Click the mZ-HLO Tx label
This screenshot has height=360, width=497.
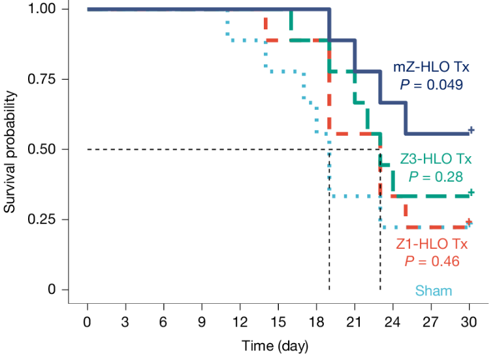tap(431, 67)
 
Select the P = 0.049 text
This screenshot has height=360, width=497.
tap(431, 84)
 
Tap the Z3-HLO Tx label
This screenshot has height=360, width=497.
tap(436, 159)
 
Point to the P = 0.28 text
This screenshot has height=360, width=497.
tap(436, 176)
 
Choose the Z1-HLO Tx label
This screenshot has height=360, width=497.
tap(432, 245)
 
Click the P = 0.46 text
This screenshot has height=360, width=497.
tap(432, 262)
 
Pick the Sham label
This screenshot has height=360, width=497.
tap(432, 291)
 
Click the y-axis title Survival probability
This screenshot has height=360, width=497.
tap(9, 149)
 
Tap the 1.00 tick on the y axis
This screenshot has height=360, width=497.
tap(56, 9)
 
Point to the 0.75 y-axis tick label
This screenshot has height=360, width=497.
tap(56, 79)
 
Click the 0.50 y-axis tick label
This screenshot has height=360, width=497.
tap(56, 149)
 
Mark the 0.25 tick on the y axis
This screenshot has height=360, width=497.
tap(56, 220)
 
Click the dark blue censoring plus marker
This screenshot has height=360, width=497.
tap(471, 130)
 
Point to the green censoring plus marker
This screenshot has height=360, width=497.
tap(471, 192)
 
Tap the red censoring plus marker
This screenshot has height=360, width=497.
tap(469, 222)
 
